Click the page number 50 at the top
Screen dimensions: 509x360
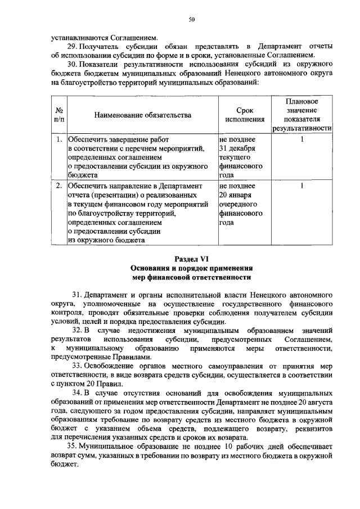tap(191, 20)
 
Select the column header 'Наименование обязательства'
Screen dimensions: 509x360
tap(142, 115)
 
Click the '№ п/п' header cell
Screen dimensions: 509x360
tap(58, 115)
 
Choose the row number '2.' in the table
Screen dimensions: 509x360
tap(58, 185)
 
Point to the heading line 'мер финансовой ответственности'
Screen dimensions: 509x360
tap(191, 277)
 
